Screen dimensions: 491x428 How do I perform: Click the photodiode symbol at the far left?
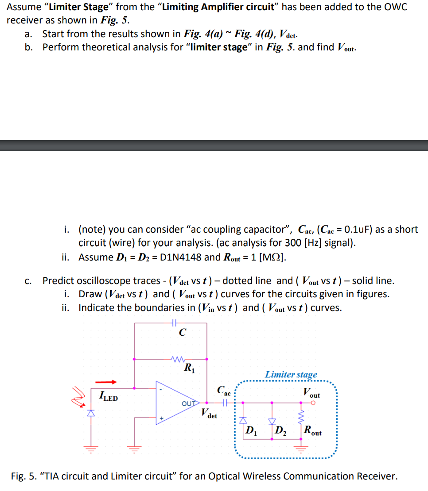[91, 413]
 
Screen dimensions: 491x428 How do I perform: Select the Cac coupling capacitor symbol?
[225, 403]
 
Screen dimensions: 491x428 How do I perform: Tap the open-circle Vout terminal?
[313, 403]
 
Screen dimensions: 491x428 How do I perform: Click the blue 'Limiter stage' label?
[291, 375]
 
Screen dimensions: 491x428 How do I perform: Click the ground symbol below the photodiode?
[91, 448]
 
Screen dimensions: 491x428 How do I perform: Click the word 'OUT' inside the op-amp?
[188, 403]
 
